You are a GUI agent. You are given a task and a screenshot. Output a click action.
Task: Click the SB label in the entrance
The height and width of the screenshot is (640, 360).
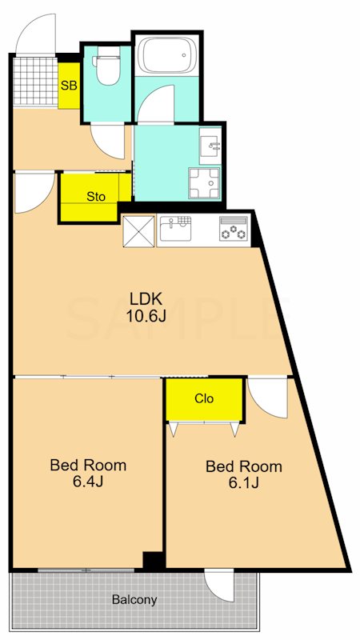[x=69, y=86]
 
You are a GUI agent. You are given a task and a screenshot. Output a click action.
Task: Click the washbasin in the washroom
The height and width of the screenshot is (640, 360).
[x=210, y=145]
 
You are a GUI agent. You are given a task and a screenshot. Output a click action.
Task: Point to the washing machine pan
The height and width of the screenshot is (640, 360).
[x=204, y=183]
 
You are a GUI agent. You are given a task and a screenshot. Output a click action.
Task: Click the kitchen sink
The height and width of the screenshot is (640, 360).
[x=175, y=229]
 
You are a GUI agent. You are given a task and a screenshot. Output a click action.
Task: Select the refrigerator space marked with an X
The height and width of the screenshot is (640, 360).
[x=138, y=231]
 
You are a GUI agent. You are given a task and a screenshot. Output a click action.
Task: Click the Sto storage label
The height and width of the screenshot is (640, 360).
[x=96, y=196]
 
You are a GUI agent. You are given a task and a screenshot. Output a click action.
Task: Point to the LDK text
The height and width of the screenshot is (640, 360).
[x=146, y=299]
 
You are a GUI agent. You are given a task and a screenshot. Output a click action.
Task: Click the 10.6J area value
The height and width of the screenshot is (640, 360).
[x=146, y=316]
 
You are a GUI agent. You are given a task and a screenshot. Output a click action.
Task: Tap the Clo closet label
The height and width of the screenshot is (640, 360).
[x=204, y=398]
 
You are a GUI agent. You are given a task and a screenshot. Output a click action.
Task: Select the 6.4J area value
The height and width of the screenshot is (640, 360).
[x=88, y=482]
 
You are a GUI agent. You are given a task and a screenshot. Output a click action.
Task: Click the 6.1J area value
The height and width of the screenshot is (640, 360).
[x=243, y=483]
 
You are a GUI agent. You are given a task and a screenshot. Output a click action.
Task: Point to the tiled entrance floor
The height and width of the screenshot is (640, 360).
[x=35, y=81]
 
